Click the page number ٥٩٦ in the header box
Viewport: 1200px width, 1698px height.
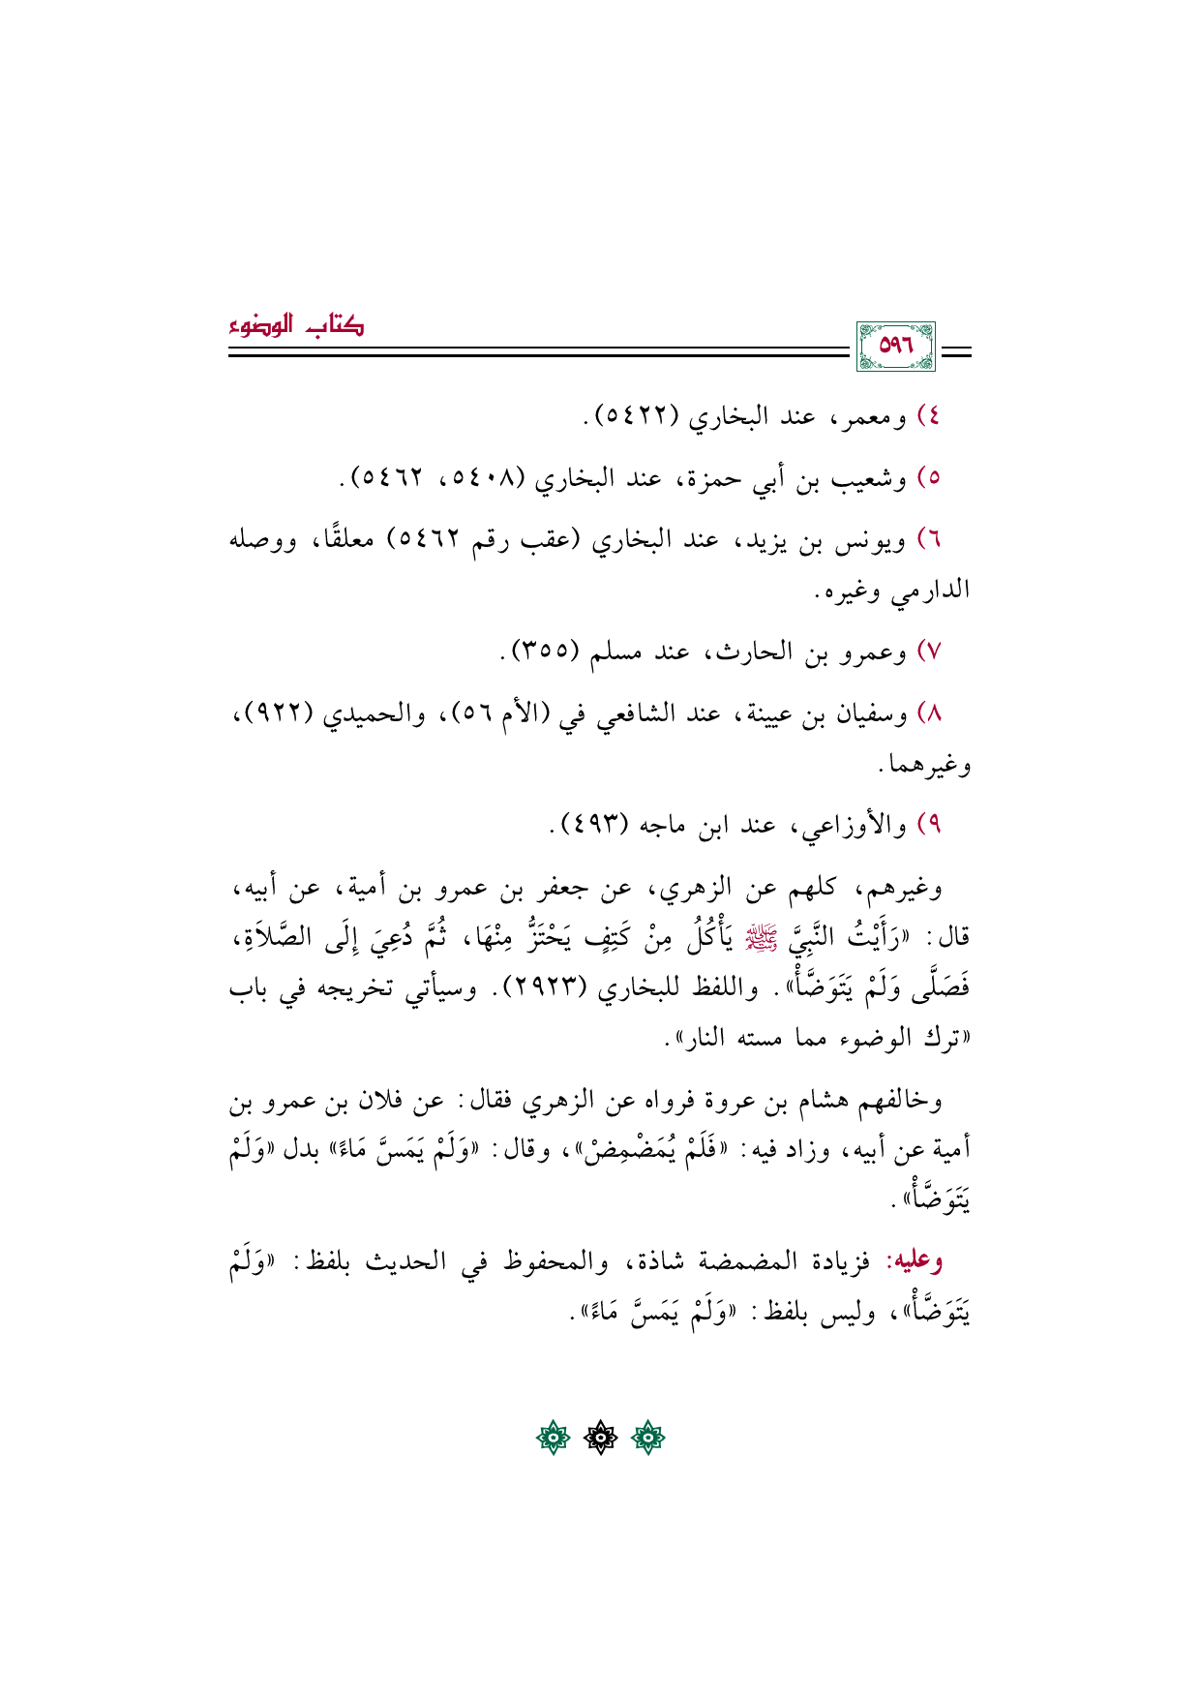[895, 347]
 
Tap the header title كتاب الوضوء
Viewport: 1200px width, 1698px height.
[297, 326]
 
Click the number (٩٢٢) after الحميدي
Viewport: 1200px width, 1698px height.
[276, 713]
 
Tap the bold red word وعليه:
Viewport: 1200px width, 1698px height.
[915, 1260]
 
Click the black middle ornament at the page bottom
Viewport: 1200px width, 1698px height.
[601, 1439]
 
